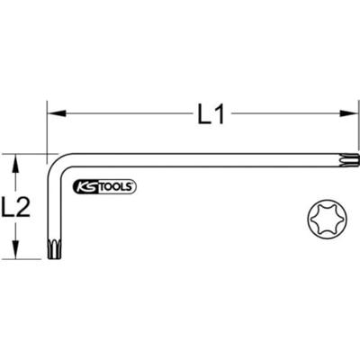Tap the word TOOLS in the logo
tap(114, 187)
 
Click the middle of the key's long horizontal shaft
tap(198, 160)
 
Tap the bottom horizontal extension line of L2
tap(27, 258)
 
